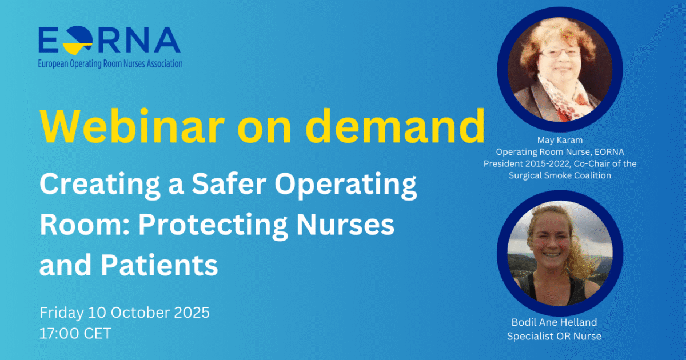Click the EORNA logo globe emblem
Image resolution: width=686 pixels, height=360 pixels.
click(78, 40)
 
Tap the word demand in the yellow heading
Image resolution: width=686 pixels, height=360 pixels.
click(396, 126)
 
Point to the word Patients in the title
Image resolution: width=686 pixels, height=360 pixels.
click(159, 265)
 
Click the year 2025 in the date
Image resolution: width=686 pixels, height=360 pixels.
click(192, 313)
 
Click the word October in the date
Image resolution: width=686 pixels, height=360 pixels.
click(140, 313)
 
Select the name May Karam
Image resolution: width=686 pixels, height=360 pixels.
click(560, 140)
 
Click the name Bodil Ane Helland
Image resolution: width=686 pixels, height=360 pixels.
click(554, 322)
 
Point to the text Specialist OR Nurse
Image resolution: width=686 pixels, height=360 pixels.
click(554, 336)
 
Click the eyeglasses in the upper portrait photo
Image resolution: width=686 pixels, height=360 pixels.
click(560, 53)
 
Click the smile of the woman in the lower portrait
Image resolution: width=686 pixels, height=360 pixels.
click(551, 255)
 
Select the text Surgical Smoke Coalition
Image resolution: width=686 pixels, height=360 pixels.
click(560, 175)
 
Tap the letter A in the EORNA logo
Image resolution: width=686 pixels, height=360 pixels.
click(166, 40)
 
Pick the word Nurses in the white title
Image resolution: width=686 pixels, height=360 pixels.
click(345, 225)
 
